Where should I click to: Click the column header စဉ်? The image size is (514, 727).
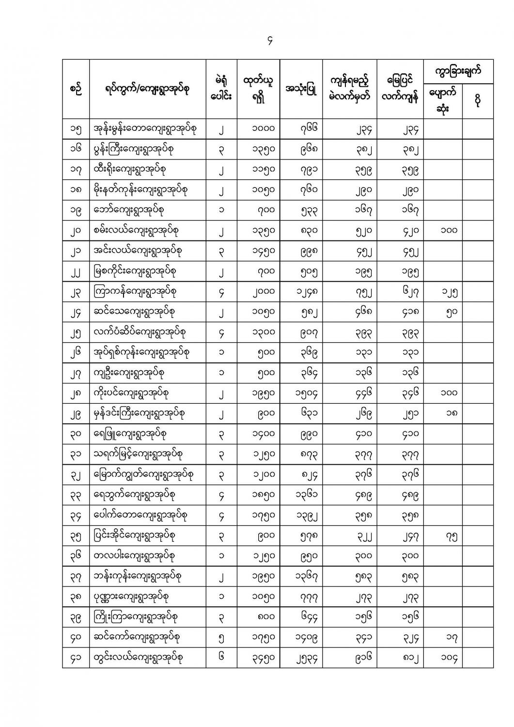(x=76, y=89)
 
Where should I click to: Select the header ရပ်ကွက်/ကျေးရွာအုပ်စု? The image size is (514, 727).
(x=147, y=89)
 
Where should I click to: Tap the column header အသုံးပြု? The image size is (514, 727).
(x=301, y=89)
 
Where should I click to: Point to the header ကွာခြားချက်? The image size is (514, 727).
(x=458, y=72)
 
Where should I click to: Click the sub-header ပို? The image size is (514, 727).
(x=478, y=101)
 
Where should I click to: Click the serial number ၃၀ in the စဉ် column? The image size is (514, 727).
(x=76, y=434)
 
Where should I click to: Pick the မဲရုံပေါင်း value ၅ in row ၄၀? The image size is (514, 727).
(x=221, y=637)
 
